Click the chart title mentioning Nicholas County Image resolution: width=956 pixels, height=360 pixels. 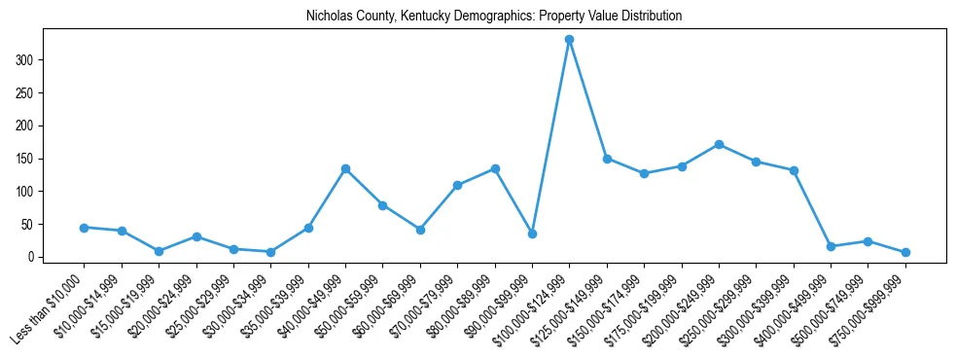coord(494,17)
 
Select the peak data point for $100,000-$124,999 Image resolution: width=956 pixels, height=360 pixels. coord(569,40)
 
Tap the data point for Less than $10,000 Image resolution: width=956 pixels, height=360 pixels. coord(85,228)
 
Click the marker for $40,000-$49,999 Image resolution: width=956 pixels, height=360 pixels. coord(345,169)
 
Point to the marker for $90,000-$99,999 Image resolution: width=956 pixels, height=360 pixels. coord(532,234)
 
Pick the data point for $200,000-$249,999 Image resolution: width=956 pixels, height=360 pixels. coord(719,144)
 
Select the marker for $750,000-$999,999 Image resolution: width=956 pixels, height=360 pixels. coord(905,252)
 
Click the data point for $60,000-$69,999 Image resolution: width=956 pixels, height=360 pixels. coord(420,230)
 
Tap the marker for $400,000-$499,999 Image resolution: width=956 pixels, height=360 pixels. coord(831,246)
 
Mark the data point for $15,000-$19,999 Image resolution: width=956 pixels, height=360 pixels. coord(159,251)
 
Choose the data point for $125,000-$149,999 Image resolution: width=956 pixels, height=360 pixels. coord(607,159)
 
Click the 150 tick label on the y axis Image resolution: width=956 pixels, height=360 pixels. coord(29,159)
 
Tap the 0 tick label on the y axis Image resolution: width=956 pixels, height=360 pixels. coord(33,257)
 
